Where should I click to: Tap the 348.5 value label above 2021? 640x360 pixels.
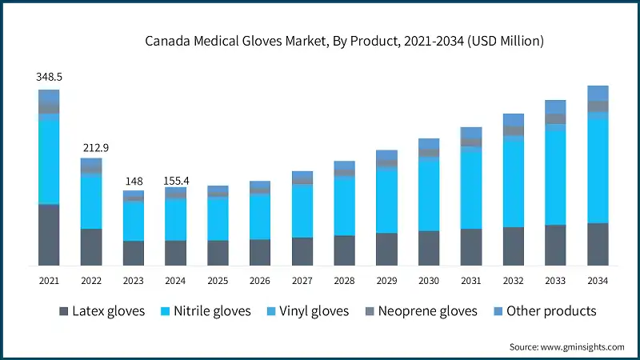[x=49, y=78]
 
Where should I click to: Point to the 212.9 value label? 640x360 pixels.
[x=91, y=147]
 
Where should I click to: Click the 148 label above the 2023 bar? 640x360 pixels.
[x=133, y=181]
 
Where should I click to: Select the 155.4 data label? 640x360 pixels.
[x=175, y=181]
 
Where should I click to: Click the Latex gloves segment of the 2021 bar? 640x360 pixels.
[x=49, y=234]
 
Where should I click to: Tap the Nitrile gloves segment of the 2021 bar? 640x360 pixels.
[x=49, y=159]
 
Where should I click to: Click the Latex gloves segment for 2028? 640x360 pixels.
[x=344, y=250]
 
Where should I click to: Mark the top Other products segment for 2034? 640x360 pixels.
[x=598, y=93]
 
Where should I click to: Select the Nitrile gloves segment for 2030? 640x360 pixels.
[x=429, y=194]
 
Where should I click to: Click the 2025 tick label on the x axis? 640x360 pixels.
[x=218, y=281]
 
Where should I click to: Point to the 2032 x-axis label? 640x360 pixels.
[x=513, y=281]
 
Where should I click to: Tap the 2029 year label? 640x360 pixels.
[x=386, y=281]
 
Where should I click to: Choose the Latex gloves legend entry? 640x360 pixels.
[x=102, y=310]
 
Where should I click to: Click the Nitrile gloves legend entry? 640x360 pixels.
[x=206, y=310]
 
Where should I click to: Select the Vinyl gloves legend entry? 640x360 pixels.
[x=307, y=310]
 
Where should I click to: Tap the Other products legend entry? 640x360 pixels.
[x=544, y=310]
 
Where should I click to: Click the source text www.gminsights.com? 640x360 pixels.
[x=566, y=346]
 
